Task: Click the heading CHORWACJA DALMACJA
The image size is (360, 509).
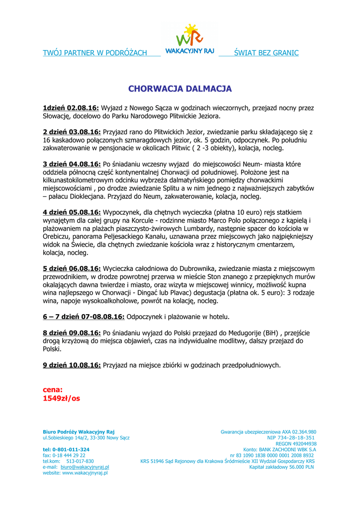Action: tap(180, 89)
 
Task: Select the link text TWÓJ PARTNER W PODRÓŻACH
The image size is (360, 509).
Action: tap(95, 53)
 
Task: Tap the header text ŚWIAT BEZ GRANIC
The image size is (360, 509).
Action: tap(266, 53)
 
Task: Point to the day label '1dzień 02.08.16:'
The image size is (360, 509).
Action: tap(71, 107)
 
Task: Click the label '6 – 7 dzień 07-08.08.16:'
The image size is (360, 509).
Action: tap(84, 317)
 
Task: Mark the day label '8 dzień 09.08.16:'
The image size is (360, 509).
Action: tap(72, 333)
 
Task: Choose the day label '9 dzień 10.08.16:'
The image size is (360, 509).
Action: tap(72, 365)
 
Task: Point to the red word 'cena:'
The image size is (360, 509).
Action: tap(53, 390)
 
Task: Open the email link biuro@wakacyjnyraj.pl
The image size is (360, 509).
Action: tap(85, 467)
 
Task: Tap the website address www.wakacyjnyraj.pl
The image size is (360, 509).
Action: tap(85, 473)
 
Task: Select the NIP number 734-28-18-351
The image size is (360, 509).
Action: tap(296, 438)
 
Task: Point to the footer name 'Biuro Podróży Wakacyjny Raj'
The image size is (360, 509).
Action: tap(79, 432)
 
